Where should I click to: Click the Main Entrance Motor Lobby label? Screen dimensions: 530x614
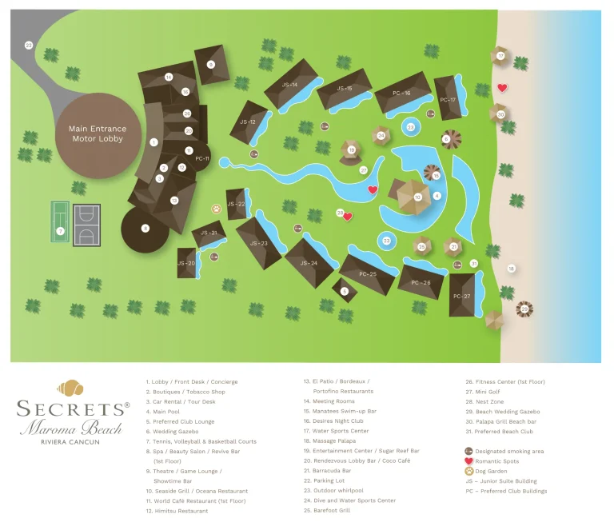pyautogui.click(x=98, y=133)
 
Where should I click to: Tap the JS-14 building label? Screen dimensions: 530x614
pyautogui.click(x=289, y=85)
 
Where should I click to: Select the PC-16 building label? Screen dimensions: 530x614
pyautogui.click(x=401, y=94)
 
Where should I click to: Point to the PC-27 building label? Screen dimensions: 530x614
pyautogui.click(x=461, y=296)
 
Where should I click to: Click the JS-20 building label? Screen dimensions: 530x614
pyautogui.click(x=185, y=263)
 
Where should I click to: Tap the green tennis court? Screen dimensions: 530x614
pyautogui.click(x=60, y=222)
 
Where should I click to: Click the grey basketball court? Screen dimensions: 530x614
pyautogui.click(x=87, y=222)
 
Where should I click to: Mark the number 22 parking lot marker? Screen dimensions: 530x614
pyautogui.click(x=29, y=46)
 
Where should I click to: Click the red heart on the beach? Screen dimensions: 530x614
pyautogui.click(x=502, y=88)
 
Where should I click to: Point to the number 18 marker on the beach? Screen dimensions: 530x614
pyautogui.click(x=511, y=268)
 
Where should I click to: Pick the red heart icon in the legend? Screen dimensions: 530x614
pyautogui.click(x=468, y=461)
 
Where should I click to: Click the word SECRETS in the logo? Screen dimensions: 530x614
pyautogui.click(x=73, y=408)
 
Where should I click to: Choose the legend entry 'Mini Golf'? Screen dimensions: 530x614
pyautogui.click(x=488, y=392)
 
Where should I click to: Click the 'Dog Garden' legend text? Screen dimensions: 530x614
pyautogui.click(x=492, y=472)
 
